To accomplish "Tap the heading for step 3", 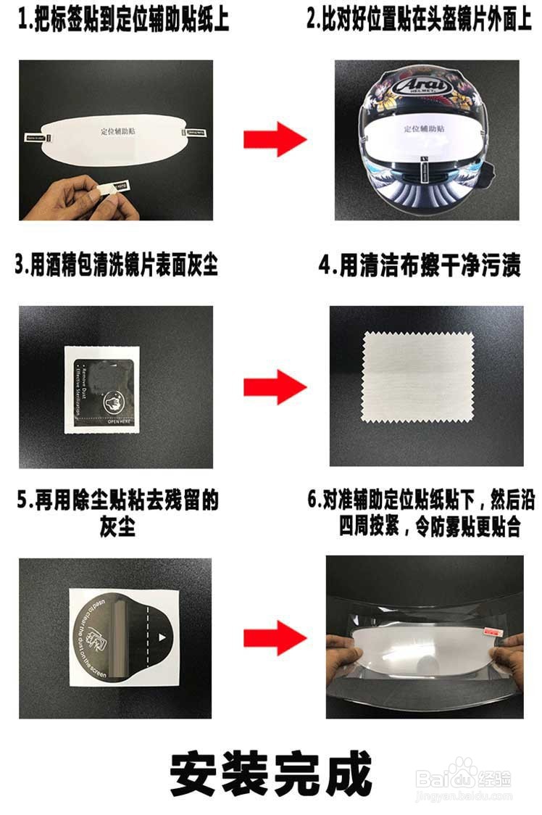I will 116,265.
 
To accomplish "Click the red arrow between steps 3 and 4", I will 274,386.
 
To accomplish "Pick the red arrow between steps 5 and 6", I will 274,637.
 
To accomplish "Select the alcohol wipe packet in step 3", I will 101,389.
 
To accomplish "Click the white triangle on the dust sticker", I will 162,637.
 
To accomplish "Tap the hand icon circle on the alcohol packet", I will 114,400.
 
